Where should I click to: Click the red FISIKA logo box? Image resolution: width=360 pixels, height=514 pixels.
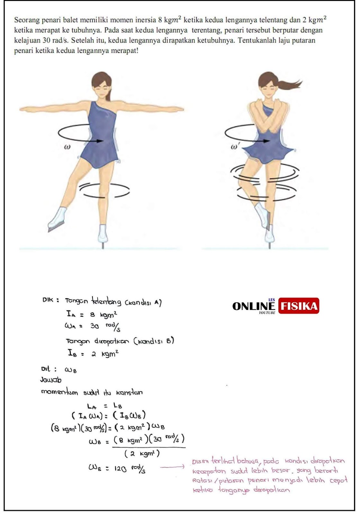click(299, 306)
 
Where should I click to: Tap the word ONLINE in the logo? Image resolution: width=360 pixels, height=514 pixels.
click(254, 306)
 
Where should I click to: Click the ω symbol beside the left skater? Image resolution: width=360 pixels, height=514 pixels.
click(67, 147)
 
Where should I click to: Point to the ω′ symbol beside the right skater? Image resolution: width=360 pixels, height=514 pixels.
click(234, 146)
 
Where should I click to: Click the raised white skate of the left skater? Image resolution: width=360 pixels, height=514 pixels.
click(57, 219)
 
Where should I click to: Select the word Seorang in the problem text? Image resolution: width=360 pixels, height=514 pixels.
click(24, 21)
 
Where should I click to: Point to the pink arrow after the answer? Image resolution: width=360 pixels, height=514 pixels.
click(172, 466)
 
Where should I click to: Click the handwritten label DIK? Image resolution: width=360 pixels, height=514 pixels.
click(48, 300)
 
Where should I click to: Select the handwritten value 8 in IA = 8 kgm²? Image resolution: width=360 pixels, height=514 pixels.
click(92, 315)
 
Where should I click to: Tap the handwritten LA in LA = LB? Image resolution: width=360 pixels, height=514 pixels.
click(92, 406)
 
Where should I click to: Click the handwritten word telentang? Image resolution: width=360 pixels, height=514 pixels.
click(106, 301)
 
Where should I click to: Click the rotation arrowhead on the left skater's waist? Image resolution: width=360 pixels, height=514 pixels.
click(100, 141)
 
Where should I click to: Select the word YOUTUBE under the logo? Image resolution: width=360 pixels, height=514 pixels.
click(267, 313)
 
